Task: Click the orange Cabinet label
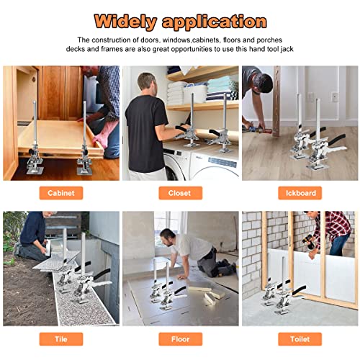61,193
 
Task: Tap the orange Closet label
181,193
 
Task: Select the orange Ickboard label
300,193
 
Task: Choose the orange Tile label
61,339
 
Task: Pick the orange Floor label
181,339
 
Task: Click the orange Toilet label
300,339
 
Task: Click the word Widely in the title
126,22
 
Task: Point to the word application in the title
215,22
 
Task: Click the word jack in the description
287,49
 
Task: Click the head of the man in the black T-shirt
147,83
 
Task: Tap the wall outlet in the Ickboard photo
335,96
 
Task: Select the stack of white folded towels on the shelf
176,92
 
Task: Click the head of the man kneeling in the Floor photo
167,238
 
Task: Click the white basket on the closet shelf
195,94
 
